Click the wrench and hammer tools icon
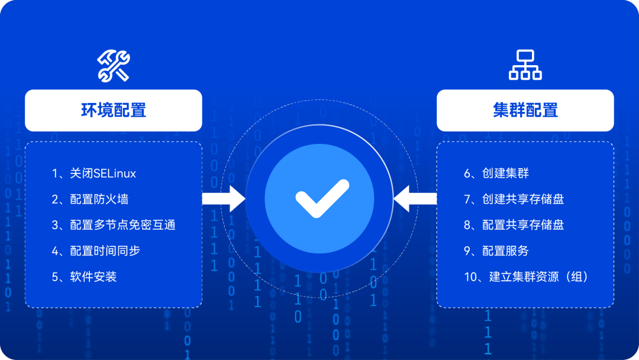pyautogui.click(x=113, y=66)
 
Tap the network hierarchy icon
pyautogui.click(x=525, y=65)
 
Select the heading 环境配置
pyautogui.click(x=114, y=110)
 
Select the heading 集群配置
pyautogui.click(x=525, y=110)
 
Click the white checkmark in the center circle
pyautogui.click(x=319, y=198)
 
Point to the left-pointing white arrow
pyautogui.click(x=415, y=198)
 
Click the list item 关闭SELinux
pyautogui.click(x=103, y=173)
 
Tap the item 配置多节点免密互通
pyautogui.click(x=122, y=225)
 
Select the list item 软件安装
pyautogui.click(x=93, y=277)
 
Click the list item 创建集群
pyautogui.click(x=505, y=173)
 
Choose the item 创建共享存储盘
pyautogui.click(x=522, y=199)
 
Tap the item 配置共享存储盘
pyautogui.click(x=522, y=225)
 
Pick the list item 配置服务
pyautogui.click(x=505, y=250)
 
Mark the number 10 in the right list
pyautogui.click(x=470, y=277)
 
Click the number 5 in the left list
pyautogui.click(x=55, y=277)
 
